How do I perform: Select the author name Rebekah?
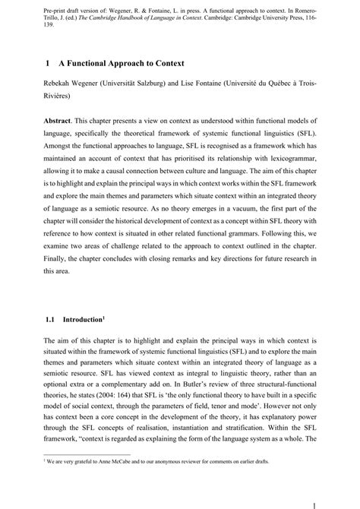pyautogui.click(x=63, y=83)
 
